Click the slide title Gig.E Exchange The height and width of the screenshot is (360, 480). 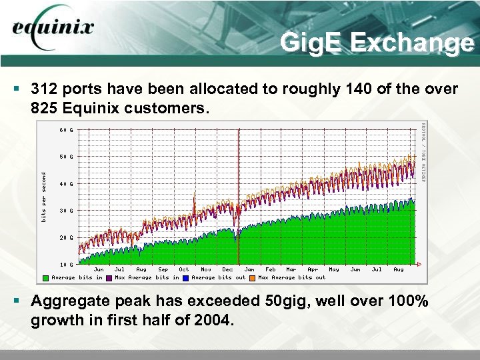tap(377, 43)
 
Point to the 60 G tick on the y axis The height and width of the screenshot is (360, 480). tap(67, 130)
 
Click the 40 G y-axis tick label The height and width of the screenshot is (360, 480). tap(67, 184)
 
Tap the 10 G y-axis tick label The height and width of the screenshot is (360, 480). tap(67, 265)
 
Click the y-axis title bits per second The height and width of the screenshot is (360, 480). tap(45, 197)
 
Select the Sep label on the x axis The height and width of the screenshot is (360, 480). tap(163, 270)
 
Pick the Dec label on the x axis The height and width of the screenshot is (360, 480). tap(227, 270)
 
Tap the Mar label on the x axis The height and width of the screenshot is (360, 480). tap(291, 270)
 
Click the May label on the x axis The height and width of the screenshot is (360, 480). tap(334, 270)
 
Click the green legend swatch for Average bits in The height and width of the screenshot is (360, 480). tap(45, 278)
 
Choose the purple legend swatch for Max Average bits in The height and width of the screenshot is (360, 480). tap(109, 278)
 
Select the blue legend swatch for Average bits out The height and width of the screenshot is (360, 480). tap(186, 278)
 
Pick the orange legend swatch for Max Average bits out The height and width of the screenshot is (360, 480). tap(253, 278)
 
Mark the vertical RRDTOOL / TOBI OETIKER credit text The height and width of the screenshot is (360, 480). tap(423, 151)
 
